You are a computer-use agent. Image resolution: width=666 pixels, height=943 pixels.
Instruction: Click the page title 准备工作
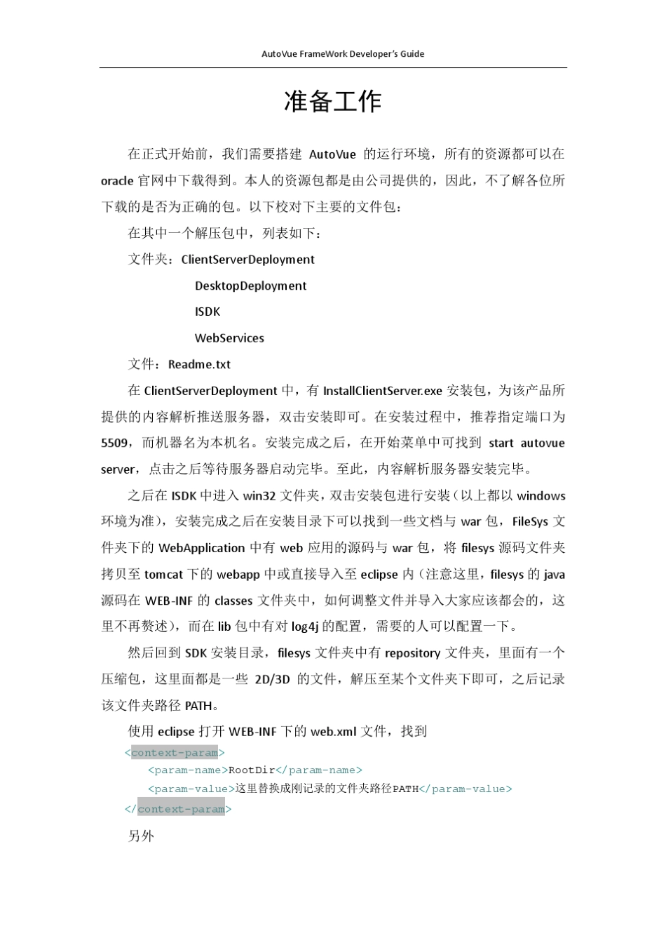pyautogui.click(x=332, y=102)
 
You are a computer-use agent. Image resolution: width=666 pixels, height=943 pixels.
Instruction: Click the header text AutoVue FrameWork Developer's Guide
pyautogui.click(x=343, y=54)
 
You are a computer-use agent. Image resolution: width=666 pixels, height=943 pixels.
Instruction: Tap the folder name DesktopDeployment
pyautogui.click(x=250, y=286)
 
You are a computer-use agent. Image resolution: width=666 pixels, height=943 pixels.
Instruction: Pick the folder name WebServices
pyautogui.click(x=229, y=338)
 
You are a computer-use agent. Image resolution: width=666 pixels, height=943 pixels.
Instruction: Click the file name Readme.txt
pyautogui.click(x=199, y=364)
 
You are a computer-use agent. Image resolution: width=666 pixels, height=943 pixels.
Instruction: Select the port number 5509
pyautogui.click(x=114, y=443)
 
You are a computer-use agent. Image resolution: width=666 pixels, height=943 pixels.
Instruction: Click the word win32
pyautogui.click(x=259, y=496)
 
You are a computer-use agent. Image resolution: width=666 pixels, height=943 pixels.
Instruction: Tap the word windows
pyautogui.click(x=541, y=496)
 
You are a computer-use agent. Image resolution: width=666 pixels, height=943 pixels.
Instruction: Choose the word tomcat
pyautogui.click(x=163, y=575)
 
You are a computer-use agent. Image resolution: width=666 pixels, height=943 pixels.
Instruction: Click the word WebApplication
pyautogui.click(x=202, y=548)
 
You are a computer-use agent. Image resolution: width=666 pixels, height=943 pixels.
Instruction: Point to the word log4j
pyautogui.click(x=305, y=627)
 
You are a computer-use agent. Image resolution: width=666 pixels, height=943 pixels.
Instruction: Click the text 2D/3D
pyautogui.click(x=272, y=679)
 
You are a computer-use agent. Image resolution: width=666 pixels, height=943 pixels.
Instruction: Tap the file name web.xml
pyautogui.click(x=334, y=732)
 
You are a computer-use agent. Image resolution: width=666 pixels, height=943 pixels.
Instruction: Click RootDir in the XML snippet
pyautogui.click(x=252, y=770)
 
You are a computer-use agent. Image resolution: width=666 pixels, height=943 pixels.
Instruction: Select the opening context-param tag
pyautogui.click(x=175, y=753)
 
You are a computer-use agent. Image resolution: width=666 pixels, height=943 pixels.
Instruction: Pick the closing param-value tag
pyautogui.click(x=465, y=789)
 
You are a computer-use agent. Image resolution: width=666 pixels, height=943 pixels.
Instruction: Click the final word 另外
pyautogui.click(x=141, y=836)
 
